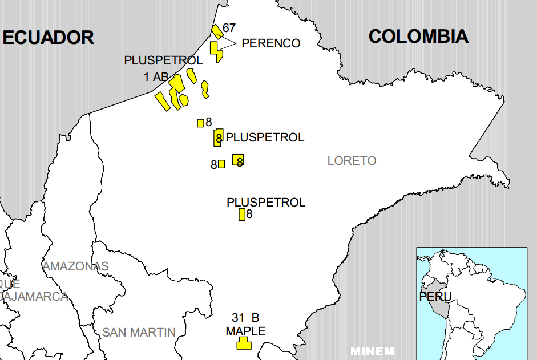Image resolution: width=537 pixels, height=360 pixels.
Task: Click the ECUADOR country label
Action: (x=48, y=37)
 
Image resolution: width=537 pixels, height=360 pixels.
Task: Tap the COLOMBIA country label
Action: (x=418, y=36)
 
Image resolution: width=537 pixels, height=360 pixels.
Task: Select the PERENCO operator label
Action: (x=270, y=43)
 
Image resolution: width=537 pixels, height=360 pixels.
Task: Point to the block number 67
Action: (x=229, y=27)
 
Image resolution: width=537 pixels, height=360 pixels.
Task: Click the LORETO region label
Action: (x=352, y=161)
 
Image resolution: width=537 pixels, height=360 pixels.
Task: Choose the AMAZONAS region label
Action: (x=75, y=266)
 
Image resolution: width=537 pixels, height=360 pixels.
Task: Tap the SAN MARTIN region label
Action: (x=139, y=332)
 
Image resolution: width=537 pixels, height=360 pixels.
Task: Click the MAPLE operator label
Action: (x=245, y=331)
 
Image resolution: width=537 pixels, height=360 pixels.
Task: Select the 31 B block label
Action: (x=245, y=317)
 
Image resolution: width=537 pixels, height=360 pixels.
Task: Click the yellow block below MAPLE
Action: (x=244, y=343)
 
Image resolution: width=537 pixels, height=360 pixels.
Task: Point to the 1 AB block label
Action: (x=156, y=76)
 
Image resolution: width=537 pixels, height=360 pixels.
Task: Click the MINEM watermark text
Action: (x=372, y=351)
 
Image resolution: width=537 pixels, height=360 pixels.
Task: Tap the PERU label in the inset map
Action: (x=435, y=297)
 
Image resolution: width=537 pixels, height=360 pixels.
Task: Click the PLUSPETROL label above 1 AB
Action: (x=163, y=60)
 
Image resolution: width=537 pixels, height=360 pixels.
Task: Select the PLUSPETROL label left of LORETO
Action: (x=265, y=137)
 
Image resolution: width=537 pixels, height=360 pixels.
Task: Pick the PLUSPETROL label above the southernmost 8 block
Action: (x=266, y=203)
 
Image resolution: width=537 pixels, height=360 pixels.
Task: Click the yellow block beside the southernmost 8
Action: (x=242, y=215)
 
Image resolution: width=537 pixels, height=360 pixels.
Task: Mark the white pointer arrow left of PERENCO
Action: (x=228, y=43)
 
